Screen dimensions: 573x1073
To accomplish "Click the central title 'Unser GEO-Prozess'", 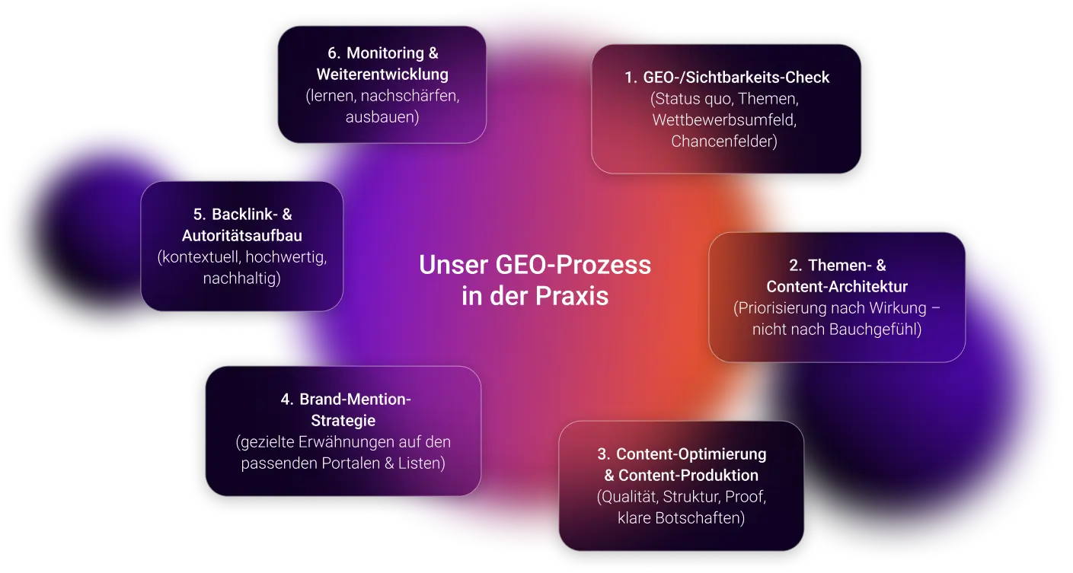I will click(x=535, y=265).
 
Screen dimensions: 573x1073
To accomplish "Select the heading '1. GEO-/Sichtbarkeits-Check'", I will click(x=727, y=78).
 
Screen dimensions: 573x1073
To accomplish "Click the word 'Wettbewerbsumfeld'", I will click(x=723, y=120).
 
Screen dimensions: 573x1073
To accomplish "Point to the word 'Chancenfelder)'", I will click(x=724, y=142).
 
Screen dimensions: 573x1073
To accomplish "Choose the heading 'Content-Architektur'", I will click(x=837, y=287).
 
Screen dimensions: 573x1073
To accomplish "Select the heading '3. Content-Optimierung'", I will click(x=682, y=454).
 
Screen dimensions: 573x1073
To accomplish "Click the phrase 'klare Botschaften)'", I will click(x=682, y=518).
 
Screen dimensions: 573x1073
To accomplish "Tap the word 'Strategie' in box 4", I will click(x=343, y=420).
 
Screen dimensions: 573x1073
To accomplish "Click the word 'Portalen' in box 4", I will click(x=348, y=463).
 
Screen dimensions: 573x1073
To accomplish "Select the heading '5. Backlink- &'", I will click(x=242, y=215).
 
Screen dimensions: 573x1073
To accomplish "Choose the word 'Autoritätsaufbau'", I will click(x=242, y=236).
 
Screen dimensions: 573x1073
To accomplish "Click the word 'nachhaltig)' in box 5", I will click(x=242, y=279).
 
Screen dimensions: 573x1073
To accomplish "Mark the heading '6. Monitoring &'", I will click(x=382, y=53).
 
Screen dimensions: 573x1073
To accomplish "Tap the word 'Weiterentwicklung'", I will click(x=382, y=75).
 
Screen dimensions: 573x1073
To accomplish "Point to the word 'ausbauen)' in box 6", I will click(x=382, y=117).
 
